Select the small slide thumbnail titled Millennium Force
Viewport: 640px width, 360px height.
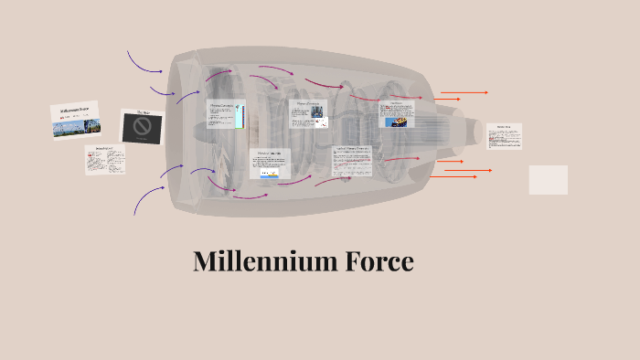75,120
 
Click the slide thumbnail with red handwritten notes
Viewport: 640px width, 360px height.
105,159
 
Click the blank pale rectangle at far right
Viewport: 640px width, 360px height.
548,179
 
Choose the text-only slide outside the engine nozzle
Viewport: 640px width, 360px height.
503,136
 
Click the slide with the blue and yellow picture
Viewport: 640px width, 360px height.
269,164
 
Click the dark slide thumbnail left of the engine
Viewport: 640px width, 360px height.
143,126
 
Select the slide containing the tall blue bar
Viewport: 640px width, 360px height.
226,114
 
